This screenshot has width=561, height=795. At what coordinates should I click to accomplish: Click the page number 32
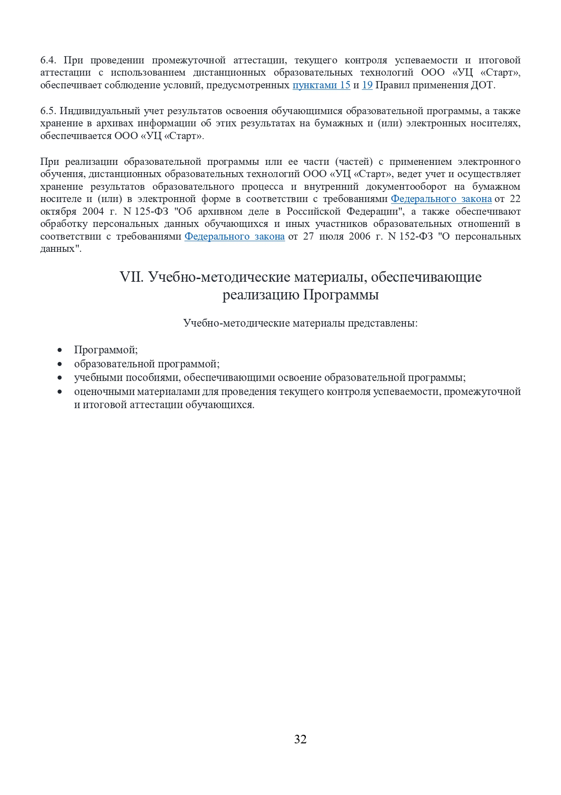coord(300,739)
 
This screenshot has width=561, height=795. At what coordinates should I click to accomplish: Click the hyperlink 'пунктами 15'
coord(321,85)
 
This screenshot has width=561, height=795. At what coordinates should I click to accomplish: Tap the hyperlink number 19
coord(367,85)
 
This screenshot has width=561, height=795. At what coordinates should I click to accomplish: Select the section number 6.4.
coord(48,60)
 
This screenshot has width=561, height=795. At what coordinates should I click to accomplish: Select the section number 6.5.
coord(48,111)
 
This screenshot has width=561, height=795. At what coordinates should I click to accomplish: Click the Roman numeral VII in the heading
coord(132,277)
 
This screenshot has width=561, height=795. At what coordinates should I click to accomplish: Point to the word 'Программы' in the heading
coord(341,295)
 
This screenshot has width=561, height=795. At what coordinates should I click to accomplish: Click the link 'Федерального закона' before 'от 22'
coord(441,199)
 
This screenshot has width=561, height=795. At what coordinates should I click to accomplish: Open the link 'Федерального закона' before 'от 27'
coord(234,236)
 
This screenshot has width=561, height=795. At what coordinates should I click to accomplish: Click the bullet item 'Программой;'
coord(106,350)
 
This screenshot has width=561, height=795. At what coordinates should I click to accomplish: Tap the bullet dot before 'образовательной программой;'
coord(60,364)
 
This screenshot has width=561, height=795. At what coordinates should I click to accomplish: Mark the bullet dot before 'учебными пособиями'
coord(60,378)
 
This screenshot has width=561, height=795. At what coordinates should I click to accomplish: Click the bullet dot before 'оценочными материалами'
coord(60,391)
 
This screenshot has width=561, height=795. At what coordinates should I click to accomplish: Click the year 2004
coord(93,212)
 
